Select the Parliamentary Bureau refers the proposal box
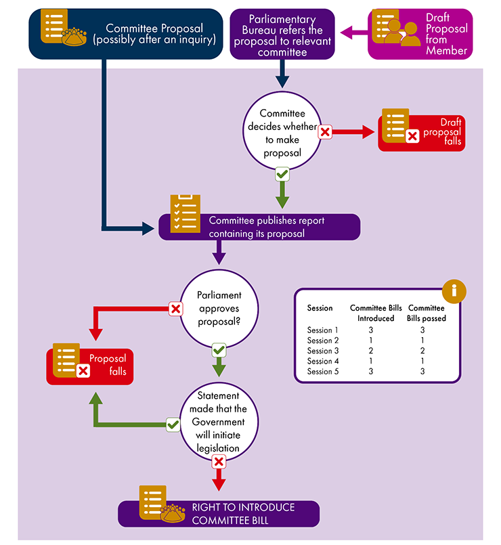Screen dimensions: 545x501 pos(282,34)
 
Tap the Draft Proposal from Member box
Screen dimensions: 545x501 pos(420,34)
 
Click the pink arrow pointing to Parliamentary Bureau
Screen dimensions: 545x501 pos(353,31)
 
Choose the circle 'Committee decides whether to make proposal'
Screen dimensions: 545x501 pos(282,129)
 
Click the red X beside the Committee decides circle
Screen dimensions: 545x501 pos(325,132)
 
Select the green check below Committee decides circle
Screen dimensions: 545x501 pos(282,175)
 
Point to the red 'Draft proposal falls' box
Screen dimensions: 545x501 pos(422,131)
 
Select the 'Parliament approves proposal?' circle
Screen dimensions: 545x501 pos(219,309)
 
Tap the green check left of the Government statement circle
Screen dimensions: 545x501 pos(173,424)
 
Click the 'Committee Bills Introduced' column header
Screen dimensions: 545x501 pos(371,313)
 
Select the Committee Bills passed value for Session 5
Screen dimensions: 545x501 pos(422,372)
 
